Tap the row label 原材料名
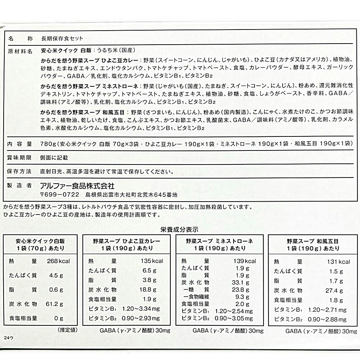pyautogui.click(x=20, y=51)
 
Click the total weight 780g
pyautogui.click(x=48, y=144)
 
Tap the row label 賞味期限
pyautogui.click(x=20, y=157)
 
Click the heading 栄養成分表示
pyautogui.click(x=180, y=229)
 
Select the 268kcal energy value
pyautogui.click(x=58, y=261)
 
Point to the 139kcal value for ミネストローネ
pyautogui.click(x=245, y=261)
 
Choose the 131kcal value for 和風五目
pyautogui.click(x=339, y=262)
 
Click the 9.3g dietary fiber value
pyautogui.click(x=242, y=297)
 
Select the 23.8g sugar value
pyautogui.click(x=241, y=289)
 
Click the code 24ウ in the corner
pyautogui.click(x=9, y=338)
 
